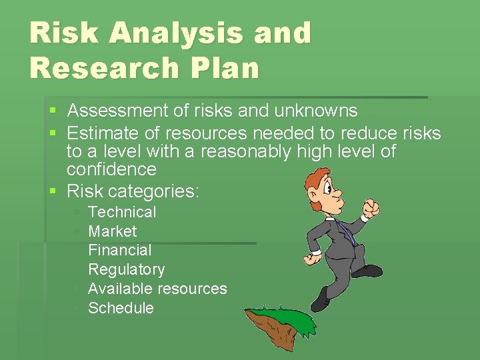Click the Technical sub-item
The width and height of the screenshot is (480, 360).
point(122,212)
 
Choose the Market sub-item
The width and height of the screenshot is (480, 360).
point(112,231)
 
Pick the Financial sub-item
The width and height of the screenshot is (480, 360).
point(120,250)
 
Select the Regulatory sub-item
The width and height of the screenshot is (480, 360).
point(126,269)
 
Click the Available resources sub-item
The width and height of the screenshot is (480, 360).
point(157,289)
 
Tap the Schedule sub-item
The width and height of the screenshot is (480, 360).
point(121,308)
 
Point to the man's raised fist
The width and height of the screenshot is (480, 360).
point(370,209)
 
